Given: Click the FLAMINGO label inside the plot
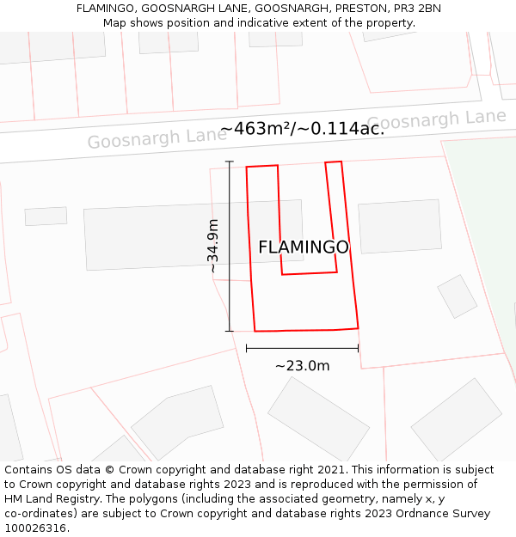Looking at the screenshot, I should (304, 247).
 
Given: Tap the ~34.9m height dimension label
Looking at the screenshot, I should (213, 247).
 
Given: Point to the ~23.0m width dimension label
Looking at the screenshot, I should (302, 366).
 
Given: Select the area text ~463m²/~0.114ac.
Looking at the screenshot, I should (302, 129).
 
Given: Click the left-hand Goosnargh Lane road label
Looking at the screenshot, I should (145, 138).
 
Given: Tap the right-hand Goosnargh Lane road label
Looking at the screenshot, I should (436, 119).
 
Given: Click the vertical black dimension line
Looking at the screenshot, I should (230, 246).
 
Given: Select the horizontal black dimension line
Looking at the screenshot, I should (302, 348).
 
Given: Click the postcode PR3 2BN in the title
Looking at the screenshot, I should (417, 9).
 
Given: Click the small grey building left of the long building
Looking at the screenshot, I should (46, 216).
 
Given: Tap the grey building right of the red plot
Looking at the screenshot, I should (399, 227).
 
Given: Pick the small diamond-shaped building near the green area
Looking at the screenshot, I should (457, 296).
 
